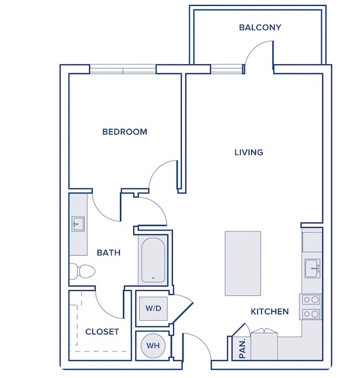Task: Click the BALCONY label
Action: click(260, 27)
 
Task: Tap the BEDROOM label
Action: click(124, 131)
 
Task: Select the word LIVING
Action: click(249, 152)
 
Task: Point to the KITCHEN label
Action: click(270, 312)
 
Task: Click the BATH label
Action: click(109, 252)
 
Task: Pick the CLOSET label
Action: click(102, 332)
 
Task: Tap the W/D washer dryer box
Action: click(153, 308)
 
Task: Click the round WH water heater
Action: click(153, 345)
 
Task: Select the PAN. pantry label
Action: click(242, 348)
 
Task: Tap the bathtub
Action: click(153, 260)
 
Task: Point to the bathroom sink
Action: click(77, 224)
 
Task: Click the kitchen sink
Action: click(312, 268)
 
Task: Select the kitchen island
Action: click(243, 263)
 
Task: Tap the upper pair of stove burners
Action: click(311, 300)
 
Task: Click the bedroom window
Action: click(123, 69)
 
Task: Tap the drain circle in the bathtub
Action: click(153, 278)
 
